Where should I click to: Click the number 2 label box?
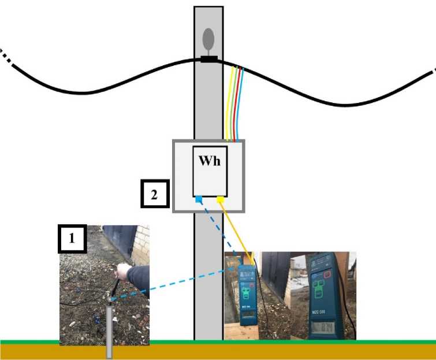pyautogui.click(x=154, y=195)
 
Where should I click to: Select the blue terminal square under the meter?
pyautogui.click(x=199, y=200)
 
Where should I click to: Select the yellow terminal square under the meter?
pyautogui.click(x=220, y=200)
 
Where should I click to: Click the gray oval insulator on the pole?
pyautogui.click(x=208, y=39)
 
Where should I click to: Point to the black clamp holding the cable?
pyautogui.click(x=208, y=59)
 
